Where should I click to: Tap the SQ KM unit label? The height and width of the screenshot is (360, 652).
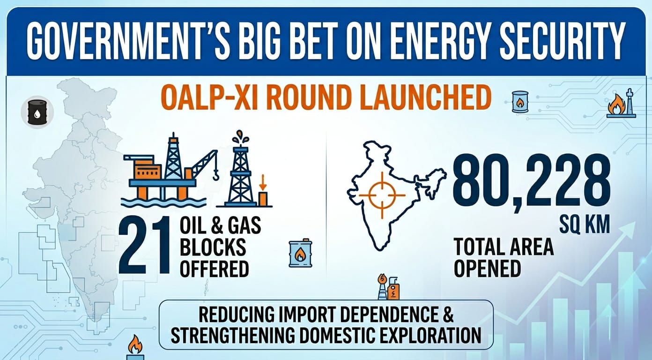[585, 225]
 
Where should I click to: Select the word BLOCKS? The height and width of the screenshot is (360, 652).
[213, 247]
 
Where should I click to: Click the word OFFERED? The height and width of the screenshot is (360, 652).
[215, 269]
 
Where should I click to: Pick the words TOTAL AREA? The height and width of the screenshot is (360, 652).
[504, 247]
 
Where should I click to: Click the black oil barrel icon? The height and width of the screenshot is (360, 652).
[37, 112]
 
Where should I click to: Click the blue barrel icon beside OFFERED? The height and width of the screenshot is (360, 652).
[300, 254]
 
